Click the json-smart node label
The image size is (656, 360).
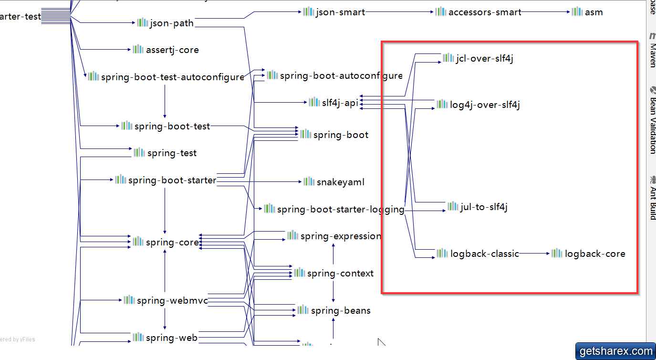(x=340, y=12)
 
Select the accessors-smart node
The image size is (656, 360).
(x=485, y=12)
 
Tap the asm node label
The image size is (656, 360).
(x=594, y=12)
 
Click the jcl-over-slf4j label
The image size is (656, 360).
(x=484, y=59)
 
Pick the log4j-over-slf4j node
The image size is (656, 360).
(x=485, y=105)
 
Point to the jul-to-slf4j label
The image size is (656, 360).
(x=484, y=207)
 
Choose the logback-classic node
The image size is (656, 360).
(x=484, y=254)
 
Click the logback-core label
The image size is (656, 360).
(x=595, y=254)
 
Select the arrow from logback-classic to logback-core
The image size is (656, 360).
(x=534, y=254)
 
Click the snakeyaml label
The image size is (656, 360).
(x=341, y=182)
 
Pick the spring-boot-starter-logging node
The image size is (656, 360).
(x=340, y=209)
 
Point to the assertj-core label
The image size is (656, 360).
(x=172, y=50)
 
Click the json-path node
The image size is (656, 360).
(x=171, y=23)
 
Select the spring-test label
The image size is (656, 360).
(x=172, y=153)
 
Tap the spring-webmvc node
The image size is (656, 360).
(x=172, y=300)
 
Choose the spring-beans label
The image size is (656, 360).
(x=341, y=310)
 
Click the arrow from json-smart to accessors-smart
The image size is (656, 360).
(x=400, y=12)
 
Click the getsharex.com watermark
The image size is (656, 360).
(x=615, y=351)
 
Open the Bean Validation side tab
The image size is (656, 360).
(x=652, y=119)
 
